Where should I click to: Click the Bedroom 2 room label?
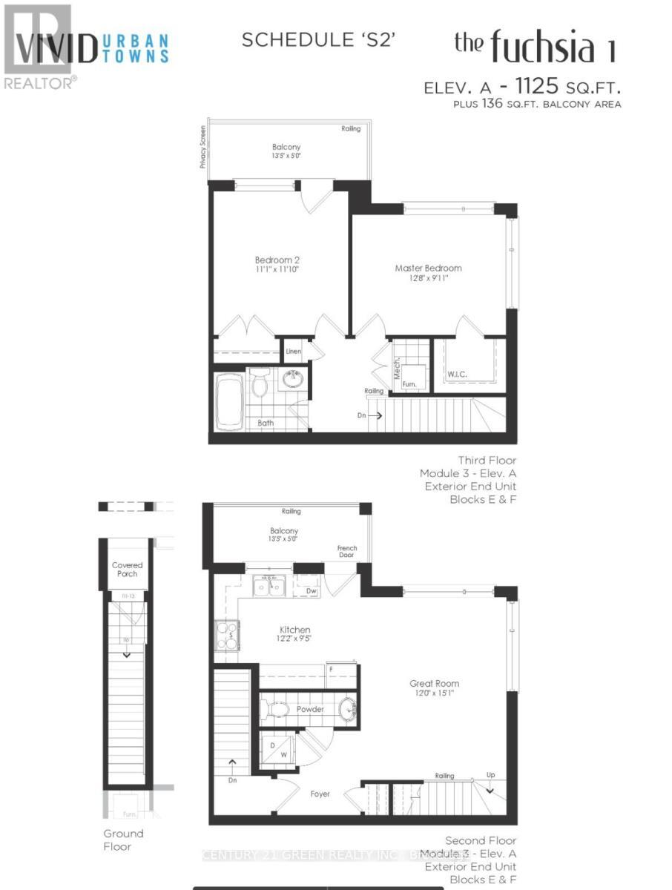coord(277,260)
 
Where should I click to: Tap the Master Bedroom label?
coord(428,268)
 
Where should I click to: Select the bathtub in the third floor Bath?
coord(230,400)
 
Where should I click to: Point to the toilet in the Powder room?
coord(278,710)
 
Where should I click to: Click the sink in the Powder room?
coord(348,710)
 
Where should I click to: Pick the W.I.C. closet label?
coord(457,375)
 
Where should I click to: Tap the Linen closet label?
coord(294,352)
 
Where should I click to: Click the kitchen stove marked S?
coord(226,635)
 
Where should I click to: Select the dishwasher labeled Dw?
coord(311,591)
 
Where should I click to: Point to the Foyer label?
coord(320,794)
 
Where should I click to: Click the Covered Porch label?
coord(127,570)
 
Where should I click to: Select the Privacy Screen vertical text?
coord(202,147)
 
